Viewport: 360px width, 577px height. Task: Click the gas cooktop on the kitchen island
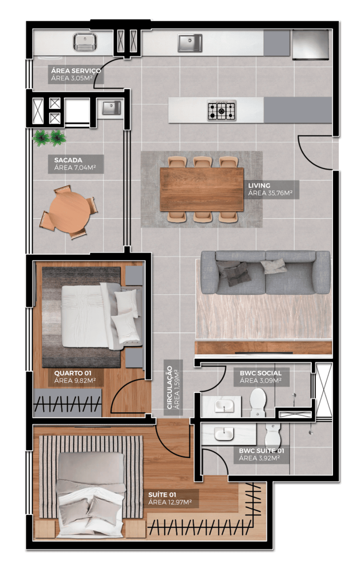coord(221,111)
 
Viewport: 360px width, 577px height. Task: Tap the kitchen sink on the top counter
coord(190,43)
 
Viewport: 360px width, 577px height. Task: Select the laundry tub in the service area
coord(85,42)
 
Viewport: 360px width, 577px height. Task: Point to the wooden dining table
coord(202,189)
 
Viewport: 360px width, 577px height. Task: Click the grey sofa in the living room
coord(265,272)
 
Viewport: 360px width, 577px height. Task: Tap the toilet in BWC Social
coord(258,402)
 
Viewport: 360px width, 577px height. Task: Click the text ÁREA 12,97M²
coord(170,502)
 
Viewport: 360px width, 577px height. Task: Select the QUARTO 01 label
coord(72,373)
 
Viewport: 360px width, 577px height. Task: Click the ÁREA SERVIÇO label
coord(76,71)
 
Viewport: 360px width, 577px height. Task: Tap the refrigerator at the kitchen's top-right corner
coord(311,44)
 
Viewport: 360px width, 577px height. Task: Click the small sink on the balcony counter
coord(111,107)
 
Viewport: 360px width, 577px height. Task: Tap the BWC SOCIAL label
coord(261,373)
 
